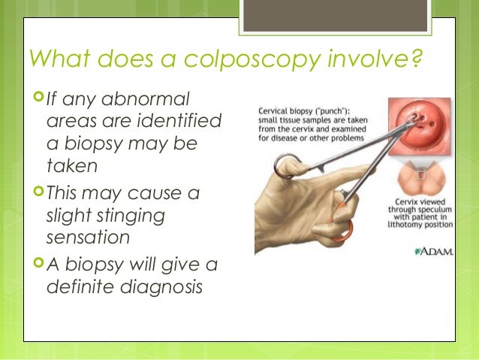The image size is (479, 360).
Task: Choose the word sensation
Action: click(87, 237)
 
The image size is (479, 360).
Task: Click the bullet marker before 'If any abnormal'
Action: click(36, 98)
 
